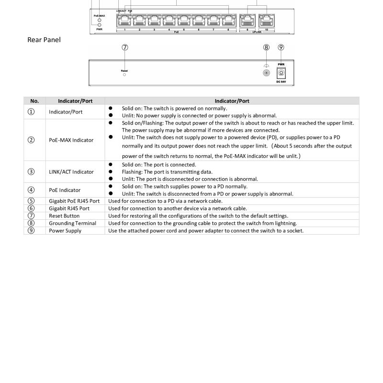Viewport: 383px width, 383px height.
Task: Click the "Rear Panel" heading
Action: [44, 40]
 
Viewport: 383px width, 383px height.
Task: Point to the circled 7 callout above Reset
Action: [125, 47]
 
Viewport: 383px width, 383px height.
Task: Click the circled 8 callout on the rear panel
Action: [267, 47]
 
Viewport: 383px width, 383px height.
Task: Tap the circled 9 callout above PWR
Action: [281, 47]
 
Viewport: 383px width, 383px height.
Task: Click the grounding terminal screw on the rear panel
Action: [267, 73]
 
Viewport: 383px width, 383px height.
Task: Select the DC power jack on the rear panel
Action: [281, 73]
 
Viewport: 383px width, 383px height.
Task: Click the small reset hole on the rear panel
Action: [124, 75]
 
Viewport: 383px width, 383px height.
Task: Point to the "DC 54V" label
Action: [281, 82]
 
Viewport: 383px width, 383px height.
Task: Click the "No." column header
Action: [34, 101]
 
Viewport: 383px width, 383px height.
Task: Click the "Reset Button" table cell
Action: [65, 216]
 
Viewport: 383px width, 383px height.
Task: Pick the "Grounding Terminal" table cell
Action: [73, 223]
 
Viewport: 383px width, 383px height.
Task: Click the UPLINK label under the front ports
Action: [257, 32]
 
